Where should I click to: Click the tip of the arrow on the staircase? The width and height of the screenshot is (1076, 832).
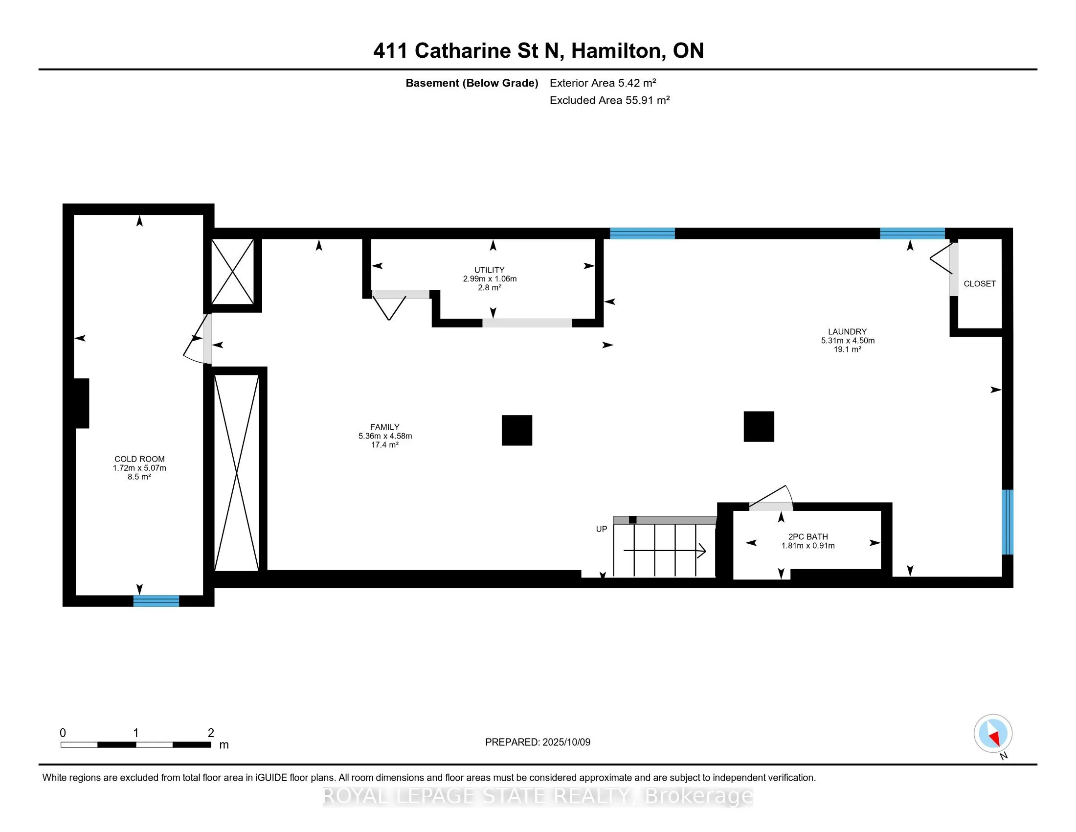[x=706, y=551]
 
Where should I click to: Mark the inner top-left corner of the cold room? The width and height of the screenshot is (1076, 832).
[x=74, y=215]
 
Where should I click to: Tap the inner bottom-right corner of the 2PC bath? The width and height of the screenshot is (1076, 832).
[x=881, y=569]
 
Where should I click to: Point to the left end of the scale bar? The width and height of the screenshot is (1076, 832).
[x=61, y=745]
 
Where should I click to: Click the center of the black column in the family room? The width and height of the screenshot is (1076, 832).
[x=517, y=430]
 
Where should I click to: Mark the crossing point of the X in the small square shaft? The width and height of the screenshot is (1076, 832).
[x=232, y=272]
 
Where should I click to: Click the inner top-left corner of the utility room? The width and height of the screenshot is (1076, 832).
[x=372, y=239]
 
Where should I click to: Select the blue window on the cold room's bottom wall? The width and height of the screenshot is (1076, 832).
[x=156, y=601]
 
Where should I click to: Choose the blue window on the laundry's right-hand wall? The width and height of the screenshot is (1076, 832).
[x=1008, y=522]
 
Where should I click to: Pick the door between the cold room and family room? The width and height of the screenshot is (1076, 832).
[x=198, y=339]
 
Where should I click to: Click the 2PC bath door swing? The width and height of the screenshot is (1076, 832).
[x=771, y=497]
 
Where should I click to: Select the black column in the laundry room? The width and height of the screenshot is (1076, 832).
[x=759, y=426]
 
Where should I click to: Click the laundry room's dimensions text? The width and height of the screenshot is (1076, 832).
[x=848, y=341]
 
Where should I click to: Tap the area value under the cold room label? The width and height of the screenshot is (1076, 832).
[x=139, y=477]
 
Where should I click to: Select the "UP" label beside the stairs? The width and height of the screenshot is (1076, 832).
[x=602, y=529]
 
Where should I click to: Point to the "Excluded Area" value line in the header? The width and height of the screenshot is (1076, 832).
[x=609, y=100]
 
